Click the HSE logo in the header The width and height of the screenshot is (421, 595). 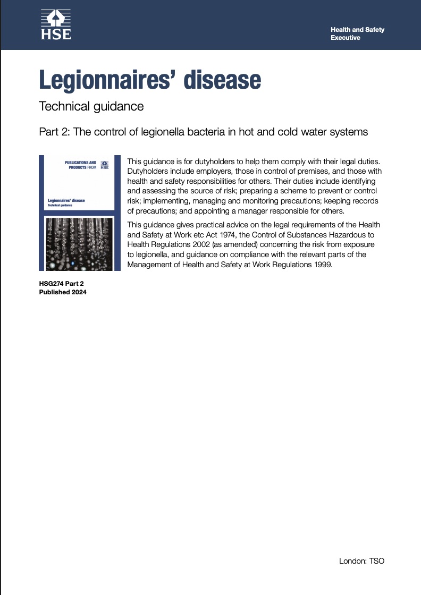(56, 25)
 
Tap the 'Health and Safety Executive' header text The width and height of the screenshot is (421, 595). (357, 34)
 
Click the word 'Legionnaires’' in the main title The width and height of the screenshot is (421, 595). (105, 80)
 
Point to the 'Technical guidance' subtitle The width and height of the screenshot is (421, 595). (91, 106)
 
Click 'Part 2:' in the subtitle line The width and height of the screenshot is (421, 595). (54, 132)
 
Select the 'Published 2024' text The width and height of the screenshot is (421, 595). (63, 292)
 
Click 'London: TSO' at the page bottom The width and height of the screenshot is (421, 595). (361, 561)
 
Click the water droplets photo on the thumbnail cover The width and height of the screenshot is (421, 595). (80, 243)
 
